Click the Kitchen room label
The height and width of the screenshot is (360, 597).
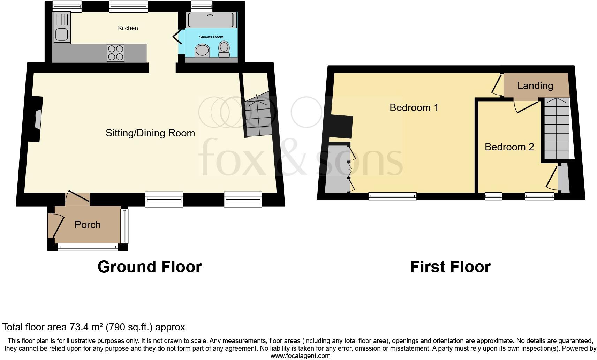(x=128, y=28)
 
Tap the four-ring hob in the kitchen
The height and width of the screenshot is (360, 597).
(x=116, y=53)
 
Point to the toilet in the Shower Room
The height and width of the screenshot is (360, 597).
(x=224, y=48)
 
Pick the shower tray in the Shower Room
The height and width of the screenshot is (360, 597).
(x=210, y=20)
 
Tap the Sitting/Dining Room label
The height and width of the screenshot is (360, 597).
(x=150, y=133)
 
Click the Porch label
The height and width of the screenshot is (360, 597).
(x=88, y=225)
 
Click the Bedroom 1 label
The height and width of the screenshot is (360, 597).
(x=414, y=107)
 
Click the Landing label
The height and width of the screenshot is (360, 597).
(x=535, y=85)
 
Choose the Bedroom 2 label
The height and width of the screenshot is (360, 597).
(x=509, y=147)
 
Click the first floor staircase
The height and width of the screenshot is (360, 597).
(x=557, y=129)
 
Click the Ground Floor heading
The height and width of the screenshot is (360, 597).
(x=150, y=267)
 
